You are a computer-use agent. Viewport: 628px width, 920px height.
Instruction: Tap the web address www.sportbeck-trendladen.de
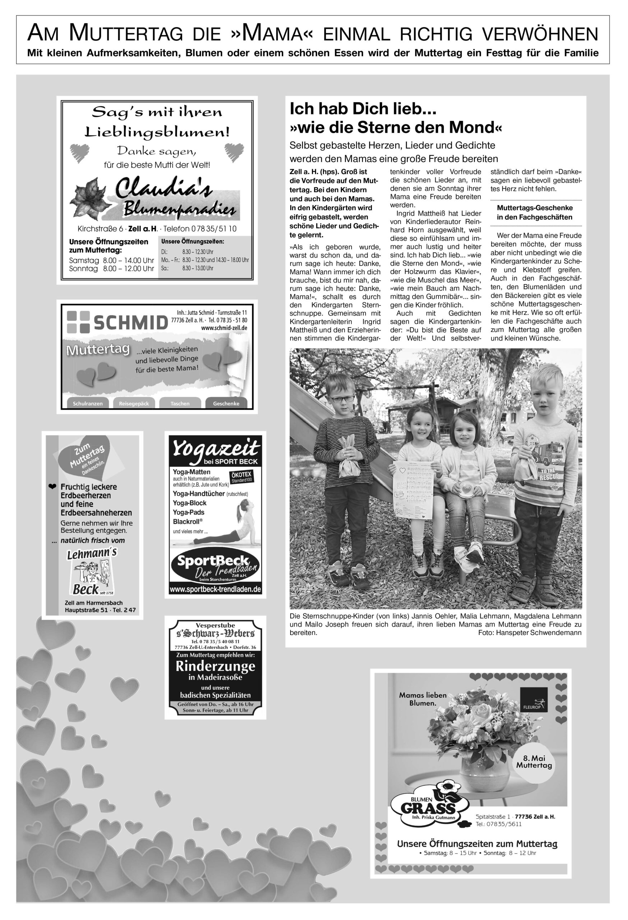point(215,590)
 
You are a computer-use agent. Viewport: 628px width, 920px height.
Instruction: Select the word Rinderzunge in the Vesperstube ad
point(215,667)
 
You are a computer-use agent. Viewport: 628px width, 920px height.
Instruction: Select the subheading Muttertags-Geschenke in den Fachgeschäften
point(535,213)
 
